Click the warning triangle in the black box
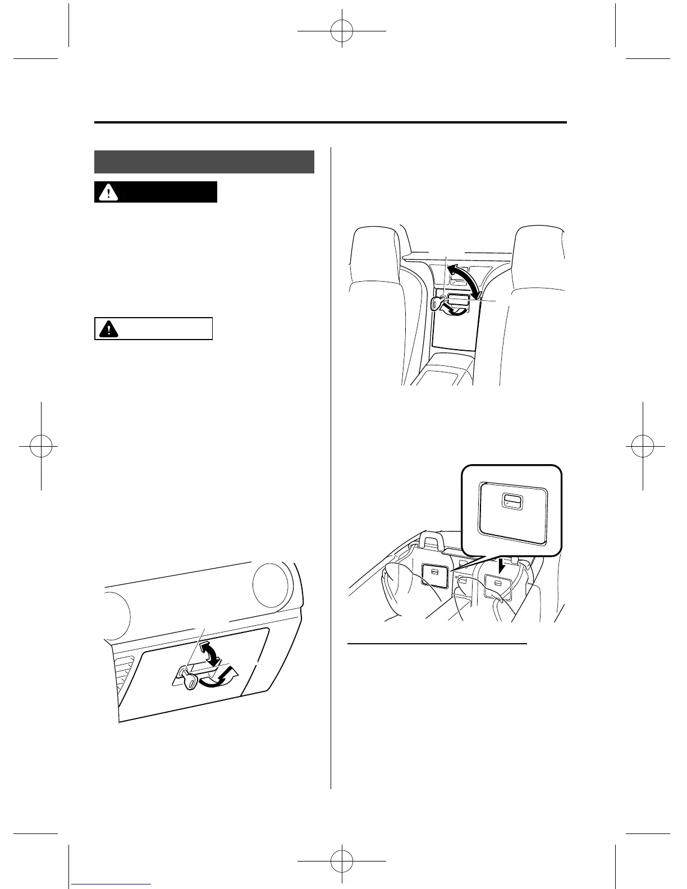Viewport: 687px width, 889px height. click(x=105, y=192)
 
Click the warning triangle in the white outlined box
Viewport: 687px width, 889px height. click(x=105, y=329)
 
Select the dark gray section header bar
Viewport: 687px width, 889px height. click(x=204, y=162)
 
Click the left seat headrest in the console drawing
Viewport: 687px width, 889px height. click(x=375, y=254)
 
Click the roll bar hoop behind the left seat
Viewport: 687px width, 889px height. click(x=433, y=543)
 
